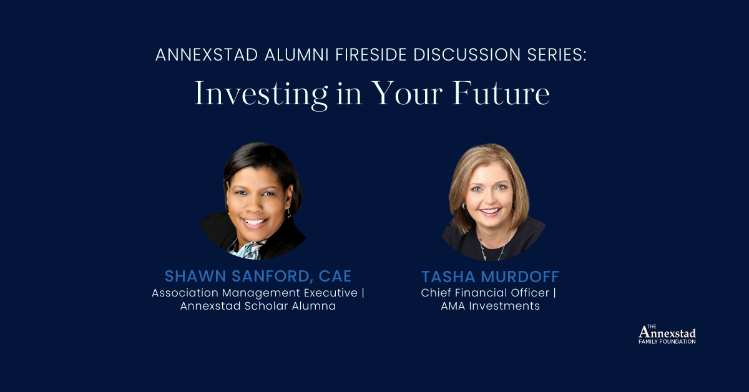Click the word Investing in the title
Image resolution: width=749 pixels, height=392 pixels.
click(x=260, y=94)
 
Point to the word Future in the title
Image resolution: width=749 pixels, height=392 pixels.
click(x=501, y=93)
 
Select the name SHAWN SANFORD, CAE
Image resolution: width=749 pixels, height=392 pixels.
click(x=258, y=276)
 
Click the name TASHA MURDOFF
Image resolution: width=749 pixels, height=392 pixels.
click(x=489, y=277)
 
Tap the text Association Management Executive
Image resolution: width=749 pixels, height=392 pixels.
click(x=255, y=292)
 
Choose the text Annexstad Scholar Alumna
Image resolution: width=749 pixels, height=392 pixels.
click(x=258, y=306)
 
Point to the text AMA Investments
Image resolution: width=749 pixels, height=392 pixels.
click(x=490, y=306)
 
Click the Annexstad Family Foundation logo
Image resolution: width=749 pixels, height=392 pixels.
click(x=667, y=335)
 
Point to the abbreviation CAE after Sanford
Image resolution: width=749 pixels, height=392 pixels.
click(x=338, y=276)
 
